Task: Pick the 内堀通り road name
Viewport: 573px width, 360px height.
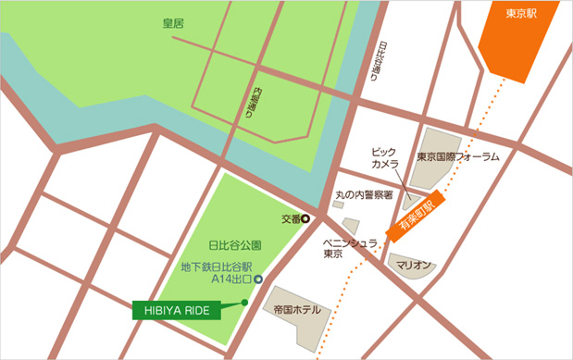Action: [x=259, y=114]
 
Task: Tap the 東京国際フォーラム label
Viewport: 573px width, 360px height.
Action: [x=458, y=156]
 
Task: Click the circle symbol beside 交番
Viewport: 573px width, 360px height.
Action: [x=305, y=219]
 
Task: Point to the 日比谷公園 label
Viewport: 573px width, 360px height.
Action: [x=235, y=246]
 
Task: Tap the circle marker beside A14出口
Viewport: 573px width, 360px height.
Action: [x=258, y=279]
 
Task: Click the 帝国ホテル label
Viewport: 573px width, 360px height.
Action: [x=297, y=309]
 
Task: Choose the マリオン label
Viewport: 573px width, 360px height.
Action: [x=414, y=265]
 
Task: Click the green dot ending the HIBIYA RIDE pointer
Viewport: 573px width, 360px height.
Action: [x=244, y=302]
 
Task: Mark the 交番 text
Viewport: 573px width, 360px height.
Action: [x=290, y=219]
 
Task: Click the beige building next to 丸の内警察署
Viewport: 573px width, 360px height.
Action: [x=352, y=225]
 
